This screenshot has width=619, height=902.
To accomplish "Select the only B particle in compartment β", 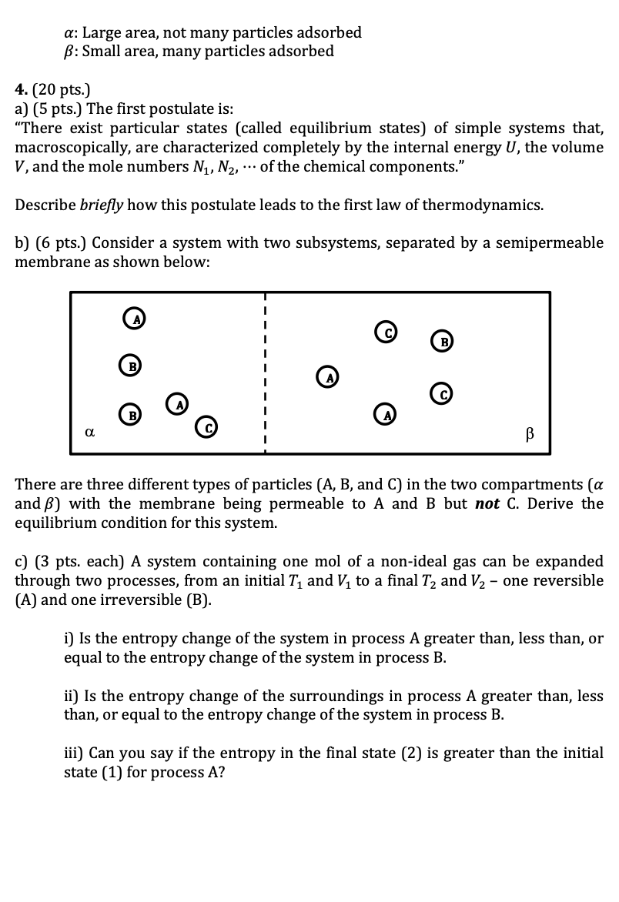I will (441, 340).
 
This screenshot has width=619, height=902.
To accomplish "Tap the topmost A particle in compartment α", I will (135, 316).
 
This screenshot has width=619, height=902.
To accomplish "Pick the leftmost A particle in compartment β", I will (328, 377).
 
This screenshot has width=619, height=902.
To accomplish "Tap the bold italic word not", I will (485, 504).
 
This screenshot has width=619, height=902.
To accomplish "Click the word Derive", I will (553, 504).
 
